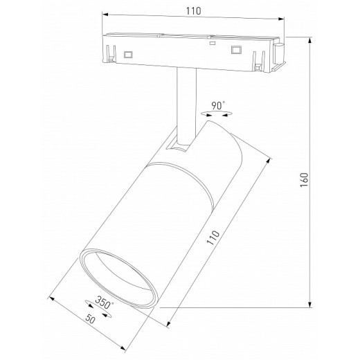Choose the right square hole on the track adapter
235,50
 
